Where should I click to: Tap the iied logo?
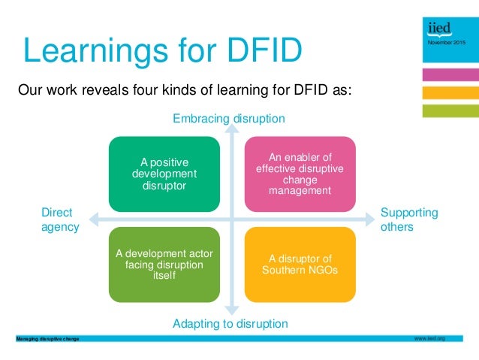pyautogui.click(x=438, y=28)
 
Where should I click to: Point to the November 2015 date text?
pyautogui.click(x=446, y=43)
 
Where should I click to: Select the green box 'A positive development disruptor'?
pyautogui.click(x=164, y=174)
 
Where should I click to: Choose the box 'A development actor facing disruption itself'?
pyautogui.click(x=164, y=264)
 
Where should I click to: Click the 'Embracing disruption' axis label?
pyautogui.click(x=229, y=119)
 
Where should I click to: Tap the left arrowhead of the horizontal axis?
pyautogui.click(x=94, y=219)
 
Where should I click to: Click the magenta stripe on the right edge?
pyautogui.click(x=450, y=75)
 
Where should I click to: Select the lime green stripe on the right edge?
pyautogui.click(x=450, y=110)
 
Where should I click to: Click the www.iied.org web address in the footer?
pyautogui.click(x=429, y=339)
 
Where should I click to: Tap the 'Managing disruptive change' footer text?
pyautogui.click(x=47, y=340)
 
